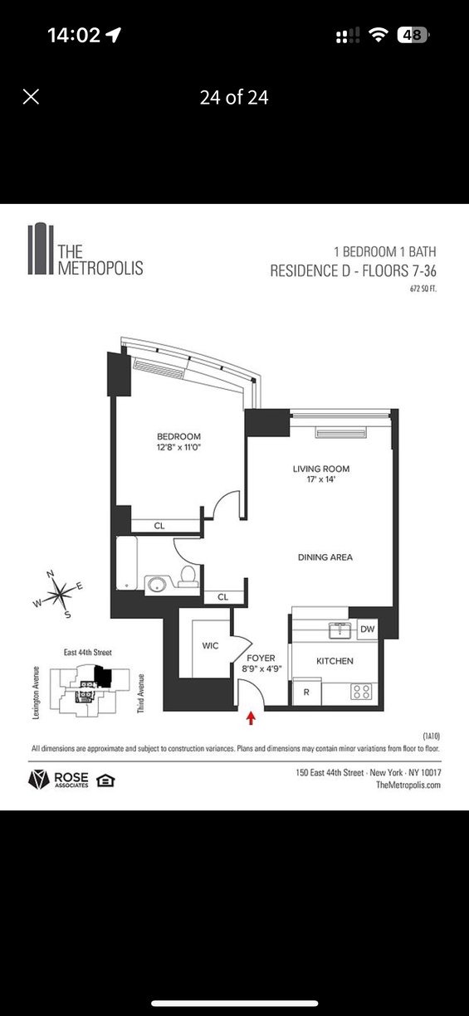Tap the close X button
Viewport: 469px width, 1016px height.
(31, 96)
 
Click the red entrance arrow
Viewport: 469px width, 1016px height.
(251, 718)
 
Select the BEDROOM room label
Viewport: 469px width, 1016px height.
(178, 437)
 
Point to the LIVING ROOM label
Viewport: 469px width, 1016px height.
(321, 469)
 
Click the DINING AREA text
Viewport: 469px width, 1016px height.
(325, 557)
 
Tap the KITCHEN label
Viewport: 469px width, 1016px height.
(335, 661)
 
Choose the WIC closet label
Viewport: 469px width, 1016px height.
(210, 646)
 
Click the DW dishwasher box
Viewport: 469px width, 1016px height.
(367, 630)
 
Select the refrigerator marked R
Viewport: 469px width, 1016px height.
(307, 692)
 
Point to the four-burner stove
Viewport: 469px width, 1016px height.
(361, 692)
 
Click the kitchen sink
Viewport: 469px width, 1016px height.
(340, 630)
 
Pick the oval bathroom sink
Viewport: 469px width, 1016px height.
(157, 584)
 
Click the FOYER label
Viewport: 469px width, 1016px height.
(261, 659)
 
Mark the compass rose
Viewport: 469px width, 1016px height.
(57, 594)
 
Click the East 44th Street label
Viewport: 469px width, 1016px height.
(88, 652)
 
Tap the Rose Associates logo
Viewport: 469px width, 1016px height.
(59, 780)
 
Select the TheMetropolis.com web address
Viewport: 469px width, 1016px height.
(408, 785)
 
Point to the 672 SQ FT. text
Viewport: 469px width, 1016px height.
(423, 289)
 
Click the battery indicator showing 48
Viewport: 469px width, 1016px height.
(413, 35)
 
